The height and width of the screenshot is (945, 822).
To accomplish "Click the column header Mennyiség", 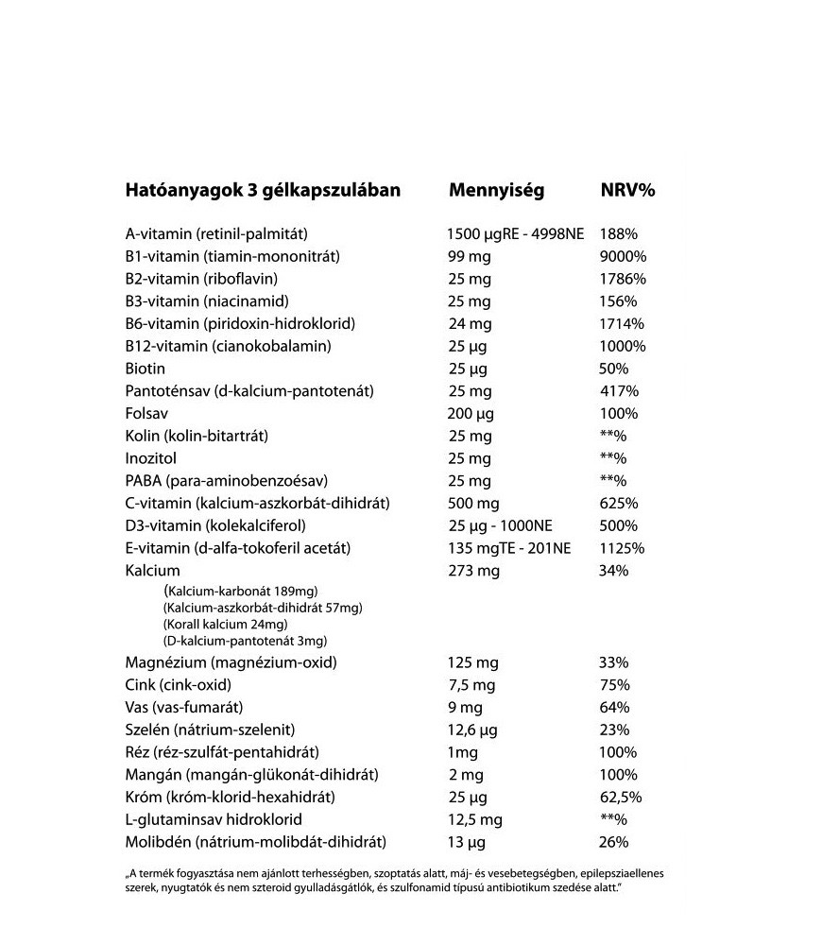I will [x=496, y=190].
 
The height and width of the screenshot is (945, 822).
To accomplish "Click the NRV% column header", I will [x=627, y=190].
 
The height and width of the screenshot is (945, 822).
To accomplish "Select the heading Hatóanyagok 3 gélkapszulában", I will [x=263, y=190].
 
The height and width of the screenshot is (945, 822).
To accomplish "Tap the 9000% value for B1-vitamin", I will [x=623, y=256].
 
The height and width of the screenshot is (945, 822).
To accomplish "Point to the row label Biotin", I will [x=145, y=369].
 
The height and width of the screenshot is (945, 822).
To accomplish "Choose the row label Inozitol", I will [x=151, y=458].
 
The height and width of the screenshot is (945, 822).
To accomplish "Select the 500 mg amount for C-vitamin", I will [x=473, y=503].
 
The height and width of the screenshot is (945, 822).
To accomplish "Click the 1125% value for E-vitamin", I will [x=622, y=548].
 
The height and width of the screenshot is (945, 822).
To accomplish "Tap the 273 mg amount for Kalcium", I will [x=473, y=571].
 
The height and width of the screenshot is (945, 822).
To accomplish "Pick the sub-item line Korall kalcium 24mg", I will [x=225, y=625].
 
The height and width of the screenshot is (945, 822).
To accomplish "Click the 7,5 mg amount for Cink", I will [x=471, y=684].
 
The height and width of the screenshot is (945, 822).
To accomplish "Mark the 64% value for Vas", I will [x=614, y=707].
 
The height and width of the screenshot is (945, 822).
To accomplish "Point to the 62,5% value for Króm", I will [x=620, y=797].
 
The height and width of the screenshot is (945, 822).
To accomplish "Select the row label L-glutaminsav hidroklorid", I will [x=214, y=819].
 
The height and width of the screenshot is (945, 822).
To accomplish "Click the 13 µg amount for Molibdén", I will [x=466, y=842].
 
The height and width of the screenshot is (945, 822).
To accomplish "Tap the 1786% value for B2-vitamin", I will [x=623, y=279].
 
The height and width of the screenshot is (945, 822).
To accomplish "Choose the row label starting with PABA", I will [x=219, y=481].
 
